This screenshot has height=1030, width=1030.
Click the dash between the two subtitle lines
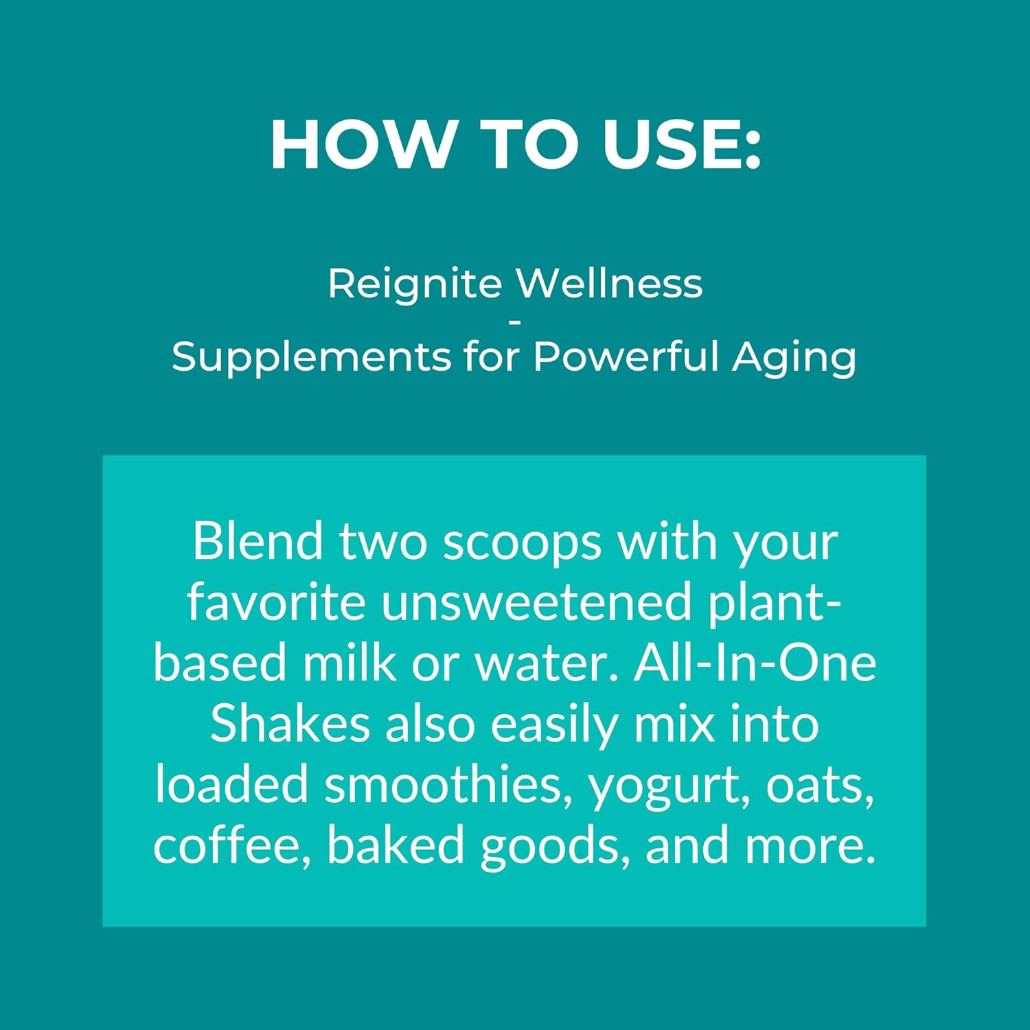516,319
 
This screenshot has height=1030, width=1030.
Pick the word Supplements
310,357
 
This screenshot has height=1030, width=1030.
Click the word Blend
257,541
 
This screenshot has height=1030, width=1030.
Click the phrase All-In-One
755,663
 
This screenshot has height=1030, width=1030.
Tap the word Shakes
289,724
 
